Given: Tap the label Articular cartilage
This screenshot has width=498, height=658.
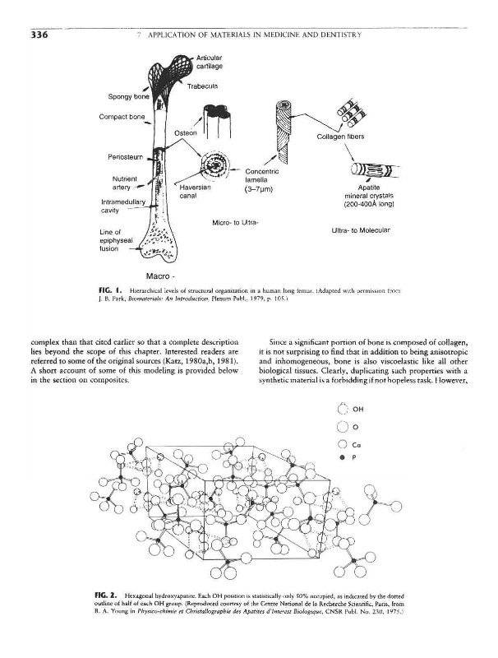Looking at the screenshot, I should pyautogui.click(x=211, y=61).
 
